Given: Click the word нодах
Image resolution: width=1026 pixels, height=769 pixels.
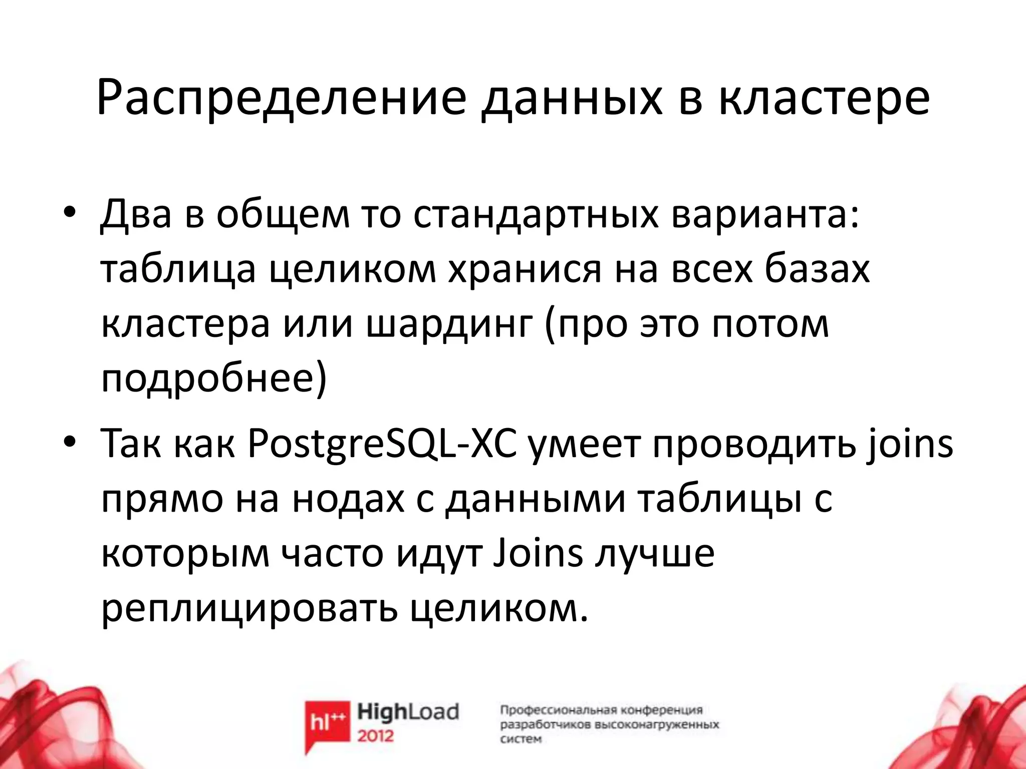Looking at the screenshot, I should point(348,499).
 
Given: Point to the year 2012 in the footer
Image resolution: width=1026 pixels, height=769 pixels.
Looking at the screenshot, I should point(376,736).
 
